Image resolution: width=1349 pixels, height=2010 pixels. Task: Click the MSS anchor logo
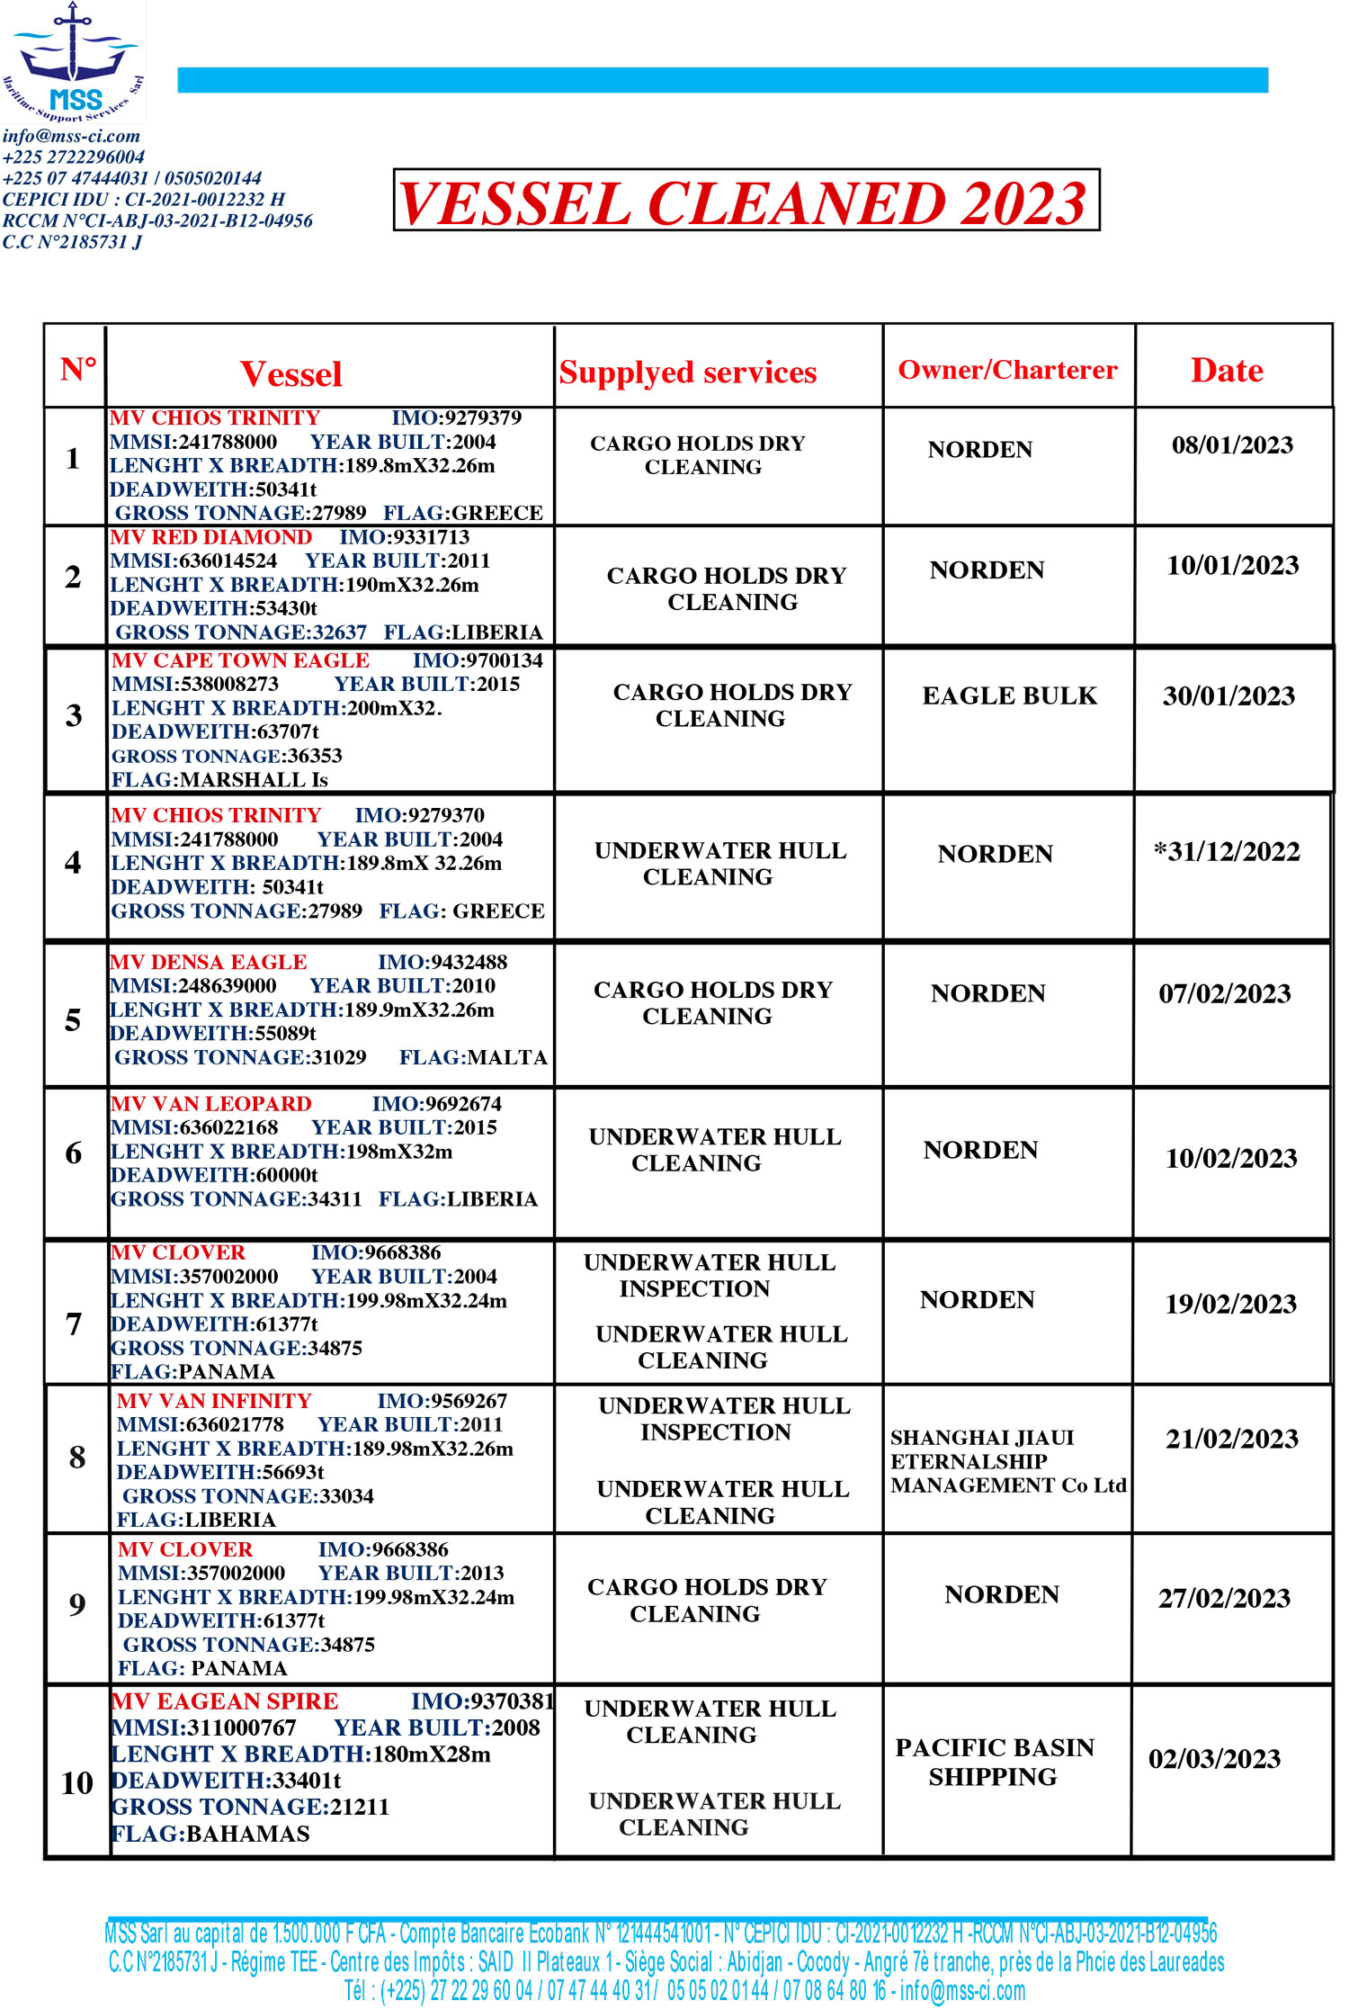tap(73, 61)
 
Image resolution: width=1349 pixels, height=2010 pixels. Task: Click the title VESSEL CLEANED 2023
tap(745, 202)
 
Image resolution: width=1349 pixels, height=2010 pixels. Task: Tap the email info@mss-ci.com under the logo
tap(71, 136)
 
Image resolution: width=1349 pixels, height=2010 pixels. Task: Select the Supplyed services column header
tap(687, 372)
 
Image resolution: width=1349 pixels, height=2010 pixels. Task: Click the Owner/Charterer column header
tap(1007, 370)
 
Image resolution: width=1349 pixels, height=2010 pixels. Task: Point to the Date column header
tap(1227, 371)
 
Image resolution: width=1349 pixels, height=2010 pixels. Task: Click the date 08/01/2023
tap(1231, 445)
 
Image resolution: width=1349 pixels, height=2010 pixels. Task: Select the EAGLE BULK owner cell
tap(1009, 695)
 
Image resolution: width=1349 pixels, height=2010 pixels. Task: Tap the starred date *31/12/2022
tap(1227, 851)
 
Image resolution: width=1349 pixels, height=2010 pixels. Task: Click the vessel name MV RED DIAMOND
tap(210, 537)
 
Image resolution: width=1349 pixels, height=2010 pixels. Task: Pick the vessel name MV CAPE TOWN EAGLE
tap(240, 660)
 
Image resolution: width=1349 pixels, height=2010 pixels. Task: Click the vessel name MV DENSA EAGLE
tap(208, 962)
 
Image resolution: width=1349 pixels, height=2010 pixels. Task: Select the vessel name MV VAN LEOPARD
tap(210, 1104)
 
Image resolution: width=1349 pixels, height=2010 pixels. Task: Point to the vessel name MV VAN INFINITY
tap(214, 1401)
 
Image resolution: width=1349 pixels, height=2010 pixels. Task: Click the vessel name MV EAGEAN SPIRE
tap(224, 1701)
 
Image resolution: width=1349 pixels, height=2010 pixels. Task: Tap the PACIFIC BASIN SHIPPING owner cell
tap(994, 1762)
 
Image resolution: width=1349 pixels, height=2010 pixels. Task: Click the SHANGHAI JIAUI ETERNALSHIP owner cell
tap(1007, 1461)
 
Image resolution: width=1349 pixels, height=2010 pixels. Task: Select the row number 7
tap(74, 1324)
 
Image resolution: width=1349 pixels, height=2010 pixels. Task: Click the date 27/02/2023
tap(1224, 1598)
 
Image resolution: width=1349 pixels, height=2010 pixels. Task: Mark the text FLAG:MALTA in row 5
tap(473, 1057)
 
